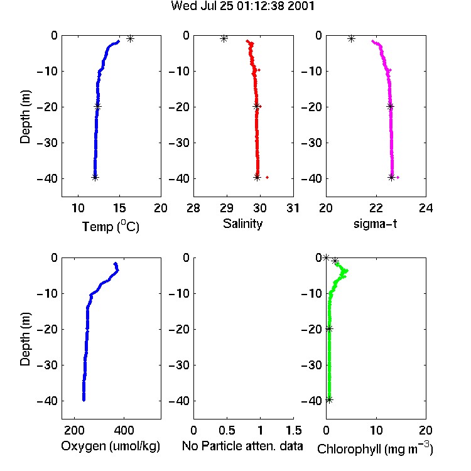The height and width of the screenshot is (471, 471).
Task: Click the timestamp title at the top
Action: pos(242,6)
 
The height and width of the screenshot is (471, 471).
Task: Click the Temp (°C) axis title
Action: pos(111,226)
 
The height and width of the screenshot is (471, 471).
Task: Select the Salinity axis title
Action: pos(242,224)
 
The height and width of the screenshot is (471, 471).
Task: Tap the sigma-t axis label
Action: pos(375,224)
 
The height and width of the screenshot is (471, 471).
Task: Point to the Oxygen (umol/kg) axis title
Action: pos(111,446)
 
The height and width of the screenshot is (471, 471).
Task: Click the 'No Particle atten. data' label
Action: pos(242,446)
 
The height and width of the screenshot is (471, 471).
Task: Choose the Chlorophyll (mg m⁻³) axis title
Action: pos(375,448)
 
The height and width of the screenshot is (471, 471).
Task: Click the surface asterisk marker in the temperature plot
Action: pos(130,38)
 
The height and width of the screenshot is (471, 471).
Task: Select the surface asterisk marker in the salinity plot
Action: pos(224,38)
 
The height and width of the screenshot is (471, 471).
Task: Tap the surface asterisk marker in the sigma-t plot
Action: pos(351,38)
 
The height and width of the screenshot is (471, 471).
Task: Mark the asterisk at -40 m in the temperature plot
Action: pos(95,177)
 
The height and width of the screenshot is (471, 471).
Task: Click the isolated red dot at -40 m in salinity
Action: pos(267,177)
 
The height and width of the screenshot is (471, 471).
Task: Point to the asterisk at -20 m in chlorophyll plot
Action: pos(329,328)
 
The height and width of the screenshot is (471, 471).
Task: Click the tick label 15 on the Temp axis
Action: pos(119,208)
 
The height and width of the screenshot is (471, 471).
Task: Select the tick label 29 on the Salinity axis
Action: pos(227,208)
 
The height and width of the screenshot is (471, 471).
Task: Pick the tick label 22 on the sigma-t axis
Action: pos(376,208)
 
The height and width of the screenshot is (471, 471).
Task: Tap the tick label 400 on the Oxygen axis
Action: pos(124,430)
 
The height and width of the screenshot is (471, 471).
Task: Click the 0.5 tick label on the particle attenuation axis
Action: pos(227,430)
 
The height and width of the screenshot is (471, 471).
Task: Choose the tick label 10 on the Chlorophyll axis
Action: pos(376,430)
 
